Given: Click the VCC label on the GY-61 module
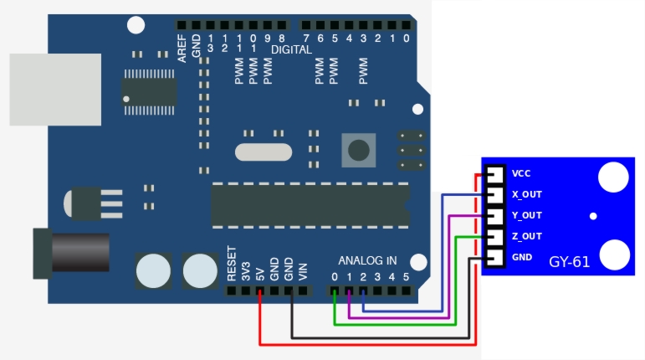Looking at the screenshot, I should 521,174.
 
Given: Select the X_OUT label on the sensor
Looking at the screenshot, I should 527,195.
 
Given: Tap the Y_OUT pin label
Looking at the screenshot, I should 527,215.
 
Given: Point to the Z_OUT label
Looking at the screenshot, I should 527,236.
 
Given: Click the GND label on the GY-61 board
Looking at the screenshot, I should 522,257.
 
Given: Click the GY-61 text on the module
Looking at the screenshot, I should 569,262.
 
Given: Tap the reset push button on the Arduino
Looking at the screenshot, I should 358,151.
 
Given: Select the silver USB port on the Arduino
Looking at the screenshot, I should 54,90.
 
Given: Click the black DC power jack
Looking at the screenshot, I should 70,252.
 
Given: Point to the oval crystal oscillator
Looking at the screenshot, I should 264,152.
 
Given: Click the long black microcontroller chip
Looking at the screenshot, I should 310,204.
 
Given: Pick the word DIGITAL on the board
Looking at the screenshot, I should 291,49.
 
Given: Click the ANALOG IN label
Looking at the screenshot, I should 367,260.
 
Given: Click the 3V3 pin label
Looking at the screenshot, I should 246,270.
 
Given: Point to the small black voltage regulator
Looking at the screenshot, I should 88,202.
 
